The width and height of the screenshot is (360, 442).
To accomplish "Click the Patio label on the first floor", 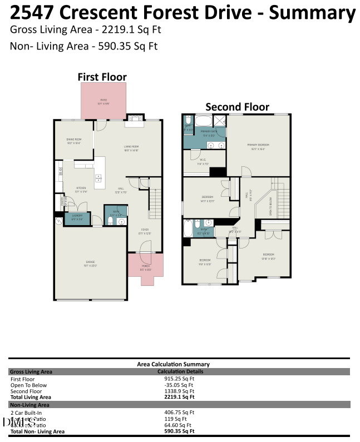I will coord(103,101).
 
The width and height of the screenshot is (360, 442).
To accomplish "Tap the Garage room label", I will coord(90,262).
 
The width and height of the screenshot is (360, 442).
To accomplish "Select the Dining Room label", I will coord(74,141).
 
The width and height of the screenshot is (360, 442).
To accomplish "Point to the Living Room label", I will coord(131,148).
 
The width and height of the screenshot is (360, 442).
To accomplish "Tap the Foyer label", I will coord(144,231).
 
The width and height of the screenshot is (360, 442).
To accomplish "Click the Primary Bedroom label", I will coord(258,146).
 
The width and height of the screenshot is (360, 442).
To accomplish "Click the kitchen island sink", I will coord(99,178).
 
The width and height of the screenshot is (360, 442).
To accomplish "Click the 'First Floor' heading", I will coord(102,77).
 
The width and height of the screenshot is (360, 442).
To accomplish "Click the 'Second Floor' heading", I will coord(237,107).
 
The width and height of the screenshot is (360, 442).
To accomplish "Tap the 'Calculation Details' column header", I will coord(180,371).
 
